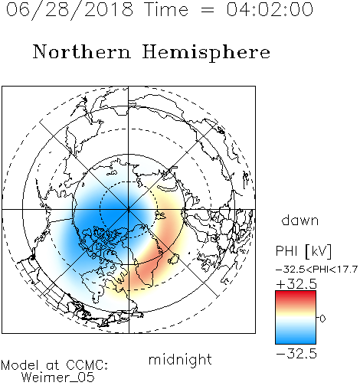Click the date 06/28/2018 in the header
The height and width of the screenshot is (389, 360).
(70, 10)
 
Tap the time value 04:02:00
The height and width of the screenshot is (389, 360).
(270, 9)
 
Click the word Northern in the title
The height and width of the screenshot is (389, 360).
(81, 51)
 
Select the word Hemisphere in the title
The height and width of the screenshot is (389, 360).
(206, 53)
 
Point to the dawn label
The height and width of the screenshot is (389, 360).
(300, 220)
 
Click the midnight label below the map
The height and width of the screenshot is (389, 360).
(180, 359)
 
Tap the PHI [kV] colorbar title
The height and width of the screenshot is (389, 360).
(303, 251)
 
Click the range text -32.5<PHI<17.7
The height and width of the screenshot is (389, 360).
(316, 270)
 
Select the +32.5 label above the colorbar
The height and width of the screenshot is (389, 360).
(296, 284)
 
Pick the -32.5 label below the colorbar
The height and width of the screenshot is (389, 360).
(296, 354)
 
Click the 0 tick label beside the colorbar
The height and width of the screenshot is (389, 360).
(322, 319)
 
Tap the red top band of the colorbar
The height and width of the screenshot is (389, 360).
(296, 296)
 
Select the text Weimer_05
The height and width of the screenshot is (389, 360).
(58, 378)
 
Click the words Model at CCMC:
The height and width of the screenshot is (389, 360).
(54, 365)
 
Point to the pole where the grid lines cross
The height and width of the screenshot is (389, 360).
(129, 210)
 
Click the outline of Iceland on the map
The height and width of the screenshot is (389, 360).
(174, 259)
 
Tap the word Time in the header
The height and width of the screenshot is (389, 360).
(166, 9)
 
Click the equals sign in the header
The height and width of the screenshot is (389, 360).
(207, 10)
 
